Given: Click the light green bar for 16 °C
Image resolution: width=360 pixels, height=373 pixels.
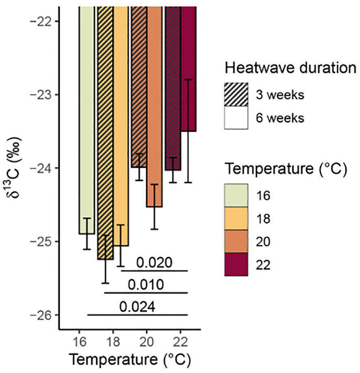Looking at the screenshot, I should [x=86, y=122].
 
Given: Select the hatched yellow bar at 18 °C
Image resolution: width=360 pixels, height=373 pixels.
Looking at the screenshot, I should [x=105, y=134].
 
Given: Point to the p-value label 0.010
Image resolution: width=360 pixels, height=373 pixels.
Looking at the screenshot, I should [x=146, y=284].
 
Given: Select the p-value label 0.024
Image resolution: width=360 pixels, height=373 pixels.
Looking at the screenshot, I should [x=137, y=307].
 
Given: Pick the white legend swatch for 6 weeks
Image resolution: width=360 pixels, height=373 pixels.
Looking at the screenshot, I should [x=236, y=118].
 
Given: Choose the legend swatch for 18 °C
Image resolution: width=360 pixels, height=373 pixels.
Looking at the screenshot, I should [x=236, y=219].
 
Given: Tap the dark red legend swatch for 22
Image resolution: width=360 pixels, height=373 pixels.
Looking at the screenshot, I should [x=236, y=265].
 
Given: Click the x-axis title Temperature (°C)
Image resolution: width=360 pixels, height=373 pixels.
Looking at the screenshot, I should [x=129, y=359].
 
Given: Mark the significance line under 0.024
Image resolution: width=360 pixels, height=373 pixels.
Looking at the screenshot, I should [x=137, y=315].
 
